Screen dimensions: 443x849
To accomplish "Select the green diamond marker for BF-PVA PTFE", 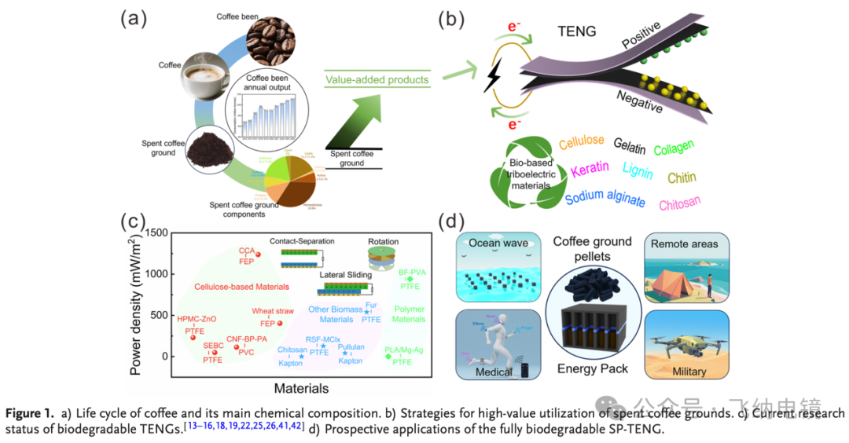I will pyautogui.click(x=410, y=279).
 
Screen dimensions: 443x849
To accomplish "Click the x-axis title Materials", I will pyautogui.click(x=300, y=388).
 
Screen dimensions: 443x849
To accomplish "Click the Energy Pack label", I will pyautogui.click(x=592, y=368).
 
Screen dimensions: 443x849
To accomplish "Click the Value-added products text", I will pyautogui.click(x=377, y=79).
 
